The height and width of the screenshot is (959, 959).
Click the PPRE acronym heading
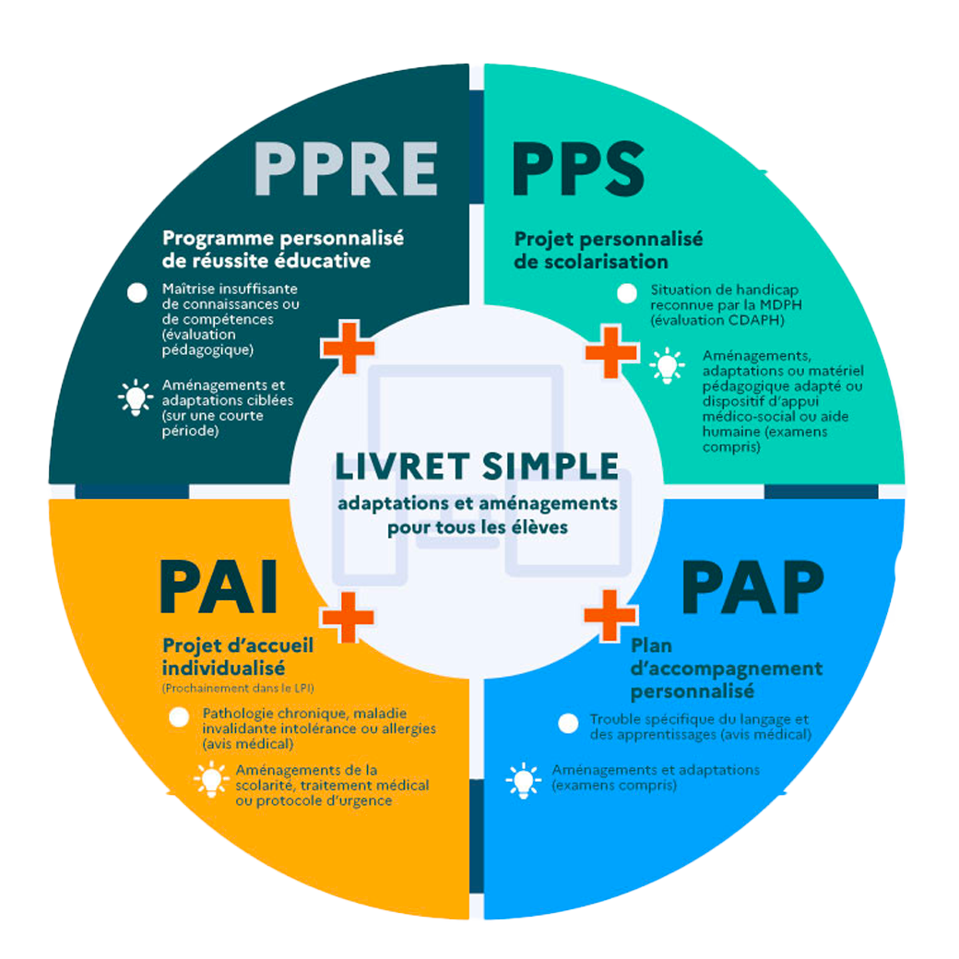[346, 168]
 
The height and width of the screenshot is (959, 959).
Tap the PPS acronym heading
[578, 168]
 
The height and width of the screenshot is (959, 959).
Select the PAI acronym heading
[219, 586]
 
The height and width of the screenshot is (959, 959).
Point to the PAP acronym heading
[752, 586]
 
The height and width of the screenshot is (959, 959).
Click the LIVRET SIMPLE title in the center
[477, 466]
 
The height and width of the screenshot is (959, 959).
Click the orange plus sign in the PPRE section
[348, 347]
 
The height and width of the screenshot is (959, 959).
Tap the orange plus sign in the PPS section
[611, 351]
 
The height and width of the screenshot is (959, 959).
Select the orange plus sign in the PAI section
[348, 616]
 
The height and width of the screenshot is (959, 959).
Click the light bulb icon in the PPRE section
[135, 397]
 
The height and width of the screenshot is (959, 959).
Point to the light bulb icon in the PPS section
[667, 365]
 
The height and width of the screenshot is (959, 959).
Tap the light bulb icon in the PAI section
[211, 779]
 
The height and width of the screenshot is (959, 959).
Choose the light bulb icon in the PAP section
[524, 780]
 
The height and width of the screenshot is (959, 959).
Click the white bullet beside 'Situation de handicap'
[627, 294]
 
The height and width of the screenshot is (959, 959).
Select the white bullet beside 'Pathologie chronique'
[179, 717]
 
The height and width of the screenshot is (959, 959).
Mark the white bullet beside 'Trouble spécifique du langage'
[569, 723]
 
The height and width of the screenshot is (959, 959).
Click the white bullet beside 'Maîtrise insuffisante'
[137, 293]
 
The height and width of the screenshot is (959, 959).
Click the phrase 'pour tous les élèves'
[477, 528]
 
